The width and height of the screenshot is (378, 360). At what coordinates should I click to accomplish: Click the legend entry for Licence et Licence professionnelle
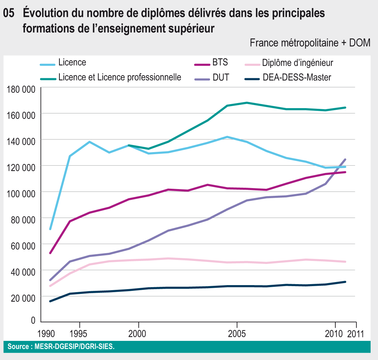tap(120, 78)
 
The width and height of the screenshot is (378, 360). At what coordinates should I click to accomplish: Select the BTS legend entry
tap(220, 62)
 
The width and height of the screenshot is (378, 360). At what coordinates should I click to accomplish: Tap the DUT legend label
tap(221, 78)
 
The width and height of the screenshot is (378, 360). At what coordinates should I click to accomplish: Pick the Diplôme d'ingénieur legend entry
tap(297, 63)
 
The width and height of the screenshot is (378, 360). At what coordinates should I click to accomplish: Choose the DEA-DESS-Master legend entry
tap(297, 78)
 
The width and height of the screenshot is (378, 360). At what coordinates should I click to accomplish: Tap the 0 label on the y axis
tap(33, 321)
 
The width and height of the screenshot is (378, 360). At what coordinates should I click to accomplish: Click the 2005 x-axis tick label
tap(237, 334)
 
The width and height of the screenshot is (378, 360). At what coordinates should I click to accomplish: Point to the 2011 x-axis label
tap(355, 334)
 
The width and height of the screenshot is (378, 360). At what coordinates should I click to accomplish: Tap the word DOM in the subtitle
tap(360, 43)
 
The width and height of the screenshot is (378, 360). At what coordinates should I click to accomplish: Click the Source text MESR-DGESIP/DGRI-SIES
tap(75, 347)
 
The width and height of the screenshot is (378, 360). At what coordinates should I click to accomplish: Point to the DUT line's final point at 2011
tap(345, 160)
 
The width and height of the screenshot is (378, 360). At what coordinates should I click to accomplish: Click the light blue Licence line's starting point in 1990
tap(50, 229)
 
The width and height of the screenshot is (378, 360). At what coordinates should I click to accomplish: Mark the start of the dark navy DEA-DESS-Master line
tap(50, 301)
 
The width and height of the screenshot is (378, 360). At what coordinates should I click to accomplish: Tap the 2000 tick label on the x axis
tap(139, 334)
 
